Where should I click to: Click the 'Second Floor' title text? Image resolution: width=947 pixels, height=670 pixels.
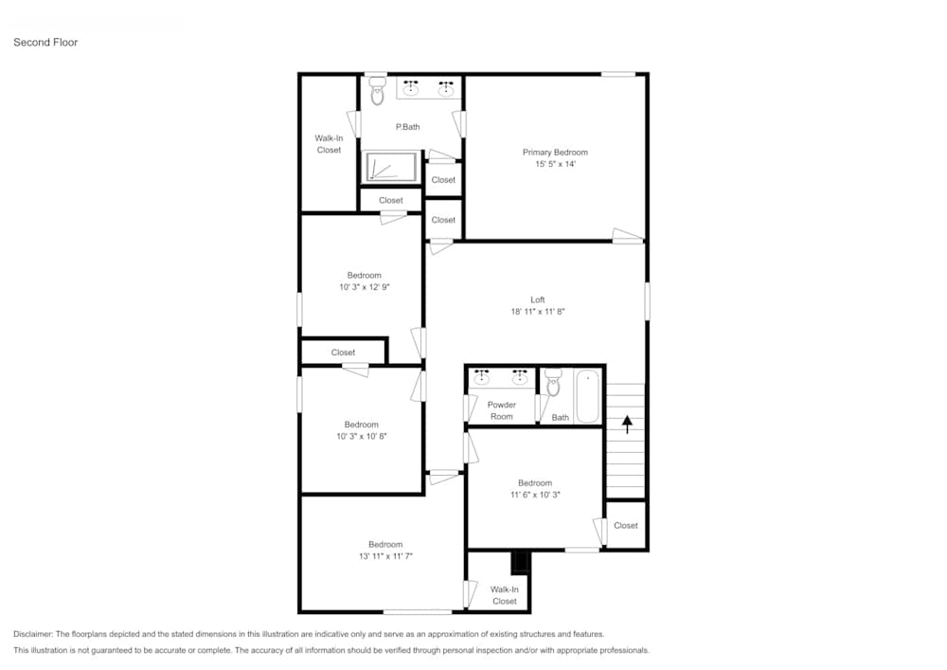45,43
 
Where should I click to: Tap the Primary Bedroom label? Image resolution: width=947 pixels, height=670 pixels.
555,152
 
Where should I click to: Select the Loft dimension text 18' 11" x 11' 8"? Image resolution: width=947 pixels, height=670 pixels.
537,311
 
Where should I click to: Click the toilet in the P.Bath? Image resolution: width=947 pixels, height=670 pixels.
377,93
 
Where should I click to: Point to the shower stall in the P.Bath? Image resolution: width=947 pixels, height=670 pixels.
391,167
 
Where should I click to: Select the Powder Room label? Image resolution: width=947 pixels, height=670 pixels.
501,410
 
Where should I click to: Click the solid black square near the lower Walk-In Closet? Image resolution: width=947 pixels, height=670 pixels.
519,563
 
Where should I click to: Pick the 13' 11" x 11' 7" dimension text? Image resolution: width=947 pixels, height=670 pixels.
385,556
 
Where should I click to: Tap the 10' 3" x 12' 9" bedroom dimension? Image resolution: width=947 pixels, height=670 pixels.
364,287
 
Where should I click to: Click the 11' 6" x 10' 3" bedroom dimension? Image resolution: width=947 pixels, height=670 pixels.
534,495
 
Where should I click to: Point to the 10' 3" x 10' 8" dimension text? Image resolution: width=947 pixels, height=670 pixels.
361,437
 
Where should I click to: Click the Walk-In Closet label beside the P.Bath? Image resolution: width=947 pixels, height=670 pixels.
329,144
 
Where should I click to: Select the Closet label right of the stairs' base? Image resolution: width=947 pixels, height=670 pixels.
625,526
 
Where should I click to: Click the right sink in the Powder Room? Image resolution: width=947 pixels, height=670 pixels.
519,378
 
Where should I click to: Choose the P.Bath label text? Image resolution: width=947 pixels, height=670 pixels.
407,127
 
